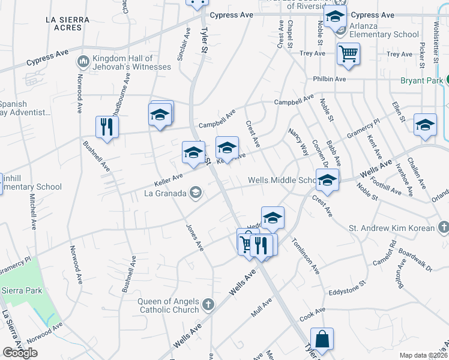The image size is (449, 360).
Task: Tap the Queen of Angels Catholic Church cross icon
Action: point(208,305)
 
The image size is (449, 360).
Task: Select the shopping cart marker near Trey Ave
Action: point(348,54)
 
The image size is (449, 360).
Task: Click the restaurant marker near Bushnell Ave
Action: point(107,127)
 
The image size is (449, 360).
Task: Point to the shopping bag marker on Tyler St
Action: point(322,339)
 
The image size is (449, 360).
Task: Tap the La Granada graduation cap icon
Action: point(195,193)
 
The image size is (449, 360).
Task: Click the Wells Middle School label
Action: point(282,180)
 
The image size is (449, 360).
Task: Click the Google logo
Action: point(20,353)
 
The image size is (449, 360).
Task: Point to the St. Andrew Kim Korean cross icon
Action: point(443,227)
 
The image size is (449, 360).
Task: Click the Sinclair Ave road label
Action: point(184,44)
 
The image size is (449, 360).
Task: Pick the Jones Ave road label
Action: point(194,237)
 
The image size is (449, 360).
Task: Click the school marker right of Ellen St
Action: point(425,125)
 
